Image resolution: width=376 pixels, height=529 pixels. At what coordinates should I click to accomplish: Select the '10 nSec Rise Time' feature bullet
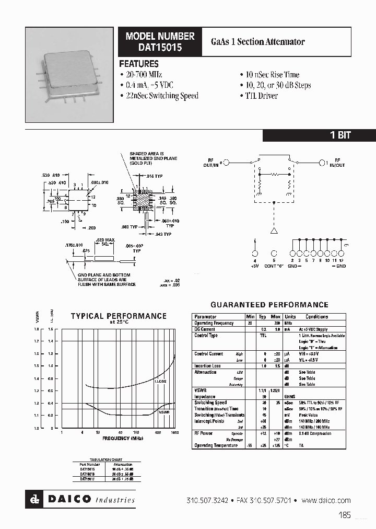[x=269, y=75]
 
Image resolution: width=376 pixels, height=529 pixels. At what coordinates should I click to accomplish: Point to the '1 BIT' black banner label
[x=340, y=135]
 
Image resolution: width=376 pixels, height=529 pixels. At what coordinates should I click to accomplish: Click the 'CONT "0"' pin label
[x=274, y=266]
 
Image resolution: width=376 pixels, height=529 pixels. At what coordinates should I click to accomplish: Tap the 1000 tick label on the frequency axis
[x=174, y=433]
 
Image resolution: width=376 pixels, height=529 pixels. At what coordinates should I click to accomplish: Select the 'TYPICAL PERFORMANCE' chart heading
[x=119, y=316]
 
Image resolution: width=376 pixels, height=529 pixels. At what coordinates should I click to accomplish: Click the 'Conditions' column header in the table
[x=316, y=317]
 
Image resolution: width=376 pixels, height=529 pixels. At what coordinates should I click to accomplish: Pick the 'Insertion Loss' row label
[x=208, y=366]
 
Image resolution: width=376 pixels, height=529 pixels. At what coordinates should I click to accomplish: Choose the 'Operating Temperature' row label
[x=216, y=445]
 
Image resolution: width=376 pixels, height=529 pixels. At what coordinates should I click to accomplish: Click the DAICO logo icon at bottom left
[x=35, y=500]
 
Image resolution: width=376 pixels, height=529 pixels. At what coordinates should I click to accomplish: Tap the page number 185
[x=345, y=515]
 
